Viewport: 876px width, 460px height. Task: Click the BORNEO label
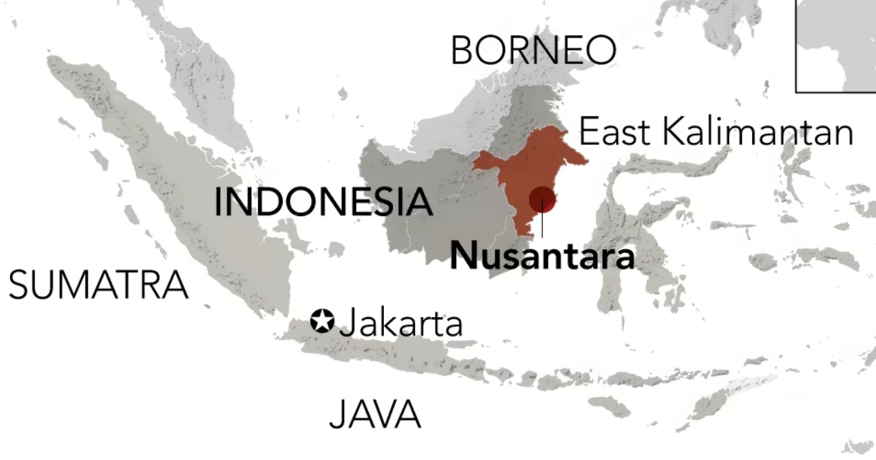pos(533,50)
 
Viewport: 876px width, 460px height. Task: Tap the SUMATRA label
pos(98,285)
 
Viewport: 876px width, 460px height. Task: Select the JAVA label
pos(375,414)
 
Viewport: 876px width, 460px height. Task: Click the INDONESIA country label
pos(323,202)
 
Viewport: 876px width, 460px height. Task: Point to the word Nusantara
pos(542,256)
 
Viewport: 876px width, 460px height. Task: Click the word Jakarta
pos(402,324)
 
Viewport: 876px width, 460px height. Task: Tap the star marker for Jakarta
pos(322,322)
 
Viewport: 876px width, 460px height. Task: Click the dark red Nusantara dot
pos(542,199)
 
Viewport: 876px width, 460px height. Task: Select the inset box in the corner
pos(836,45)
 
